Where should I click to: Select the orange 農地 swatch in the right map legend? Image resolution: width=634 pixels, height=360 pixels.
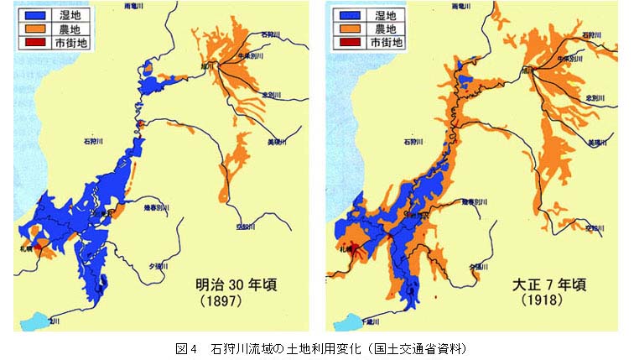click(345, 29)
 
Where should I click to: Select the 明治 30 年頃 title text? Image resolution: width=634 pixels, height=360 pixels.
click(224, 284)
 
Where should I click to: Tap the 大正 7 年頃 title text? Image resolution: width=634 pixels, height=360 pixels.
click(549, 284)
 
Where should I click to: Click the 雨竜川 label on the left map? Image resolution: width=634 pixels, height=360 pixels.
click(133, 6)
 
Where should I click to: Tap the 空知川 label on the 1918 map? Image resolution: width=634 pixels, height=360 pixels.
click(595, 228)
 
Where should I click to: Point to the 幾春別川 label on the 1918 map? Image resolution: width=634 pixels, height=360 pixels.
click(474, 202)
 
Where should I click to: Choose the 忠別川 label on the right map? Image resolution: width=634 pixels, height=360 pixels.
click(596, 95)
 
